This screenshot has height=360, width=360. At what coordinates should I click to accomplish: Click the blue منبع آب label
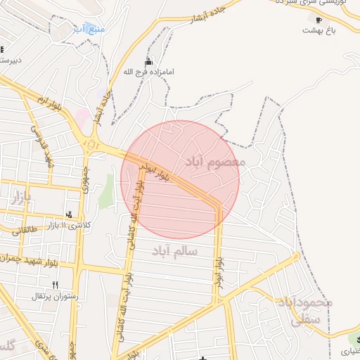click(x=89, y=30)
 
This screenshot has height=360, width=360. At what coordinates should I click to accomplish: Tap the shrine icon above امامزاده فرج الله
click(x=148, y=61)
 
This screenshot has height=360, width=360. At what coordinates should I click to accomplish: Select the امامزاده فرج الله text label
click(x=148, y=72)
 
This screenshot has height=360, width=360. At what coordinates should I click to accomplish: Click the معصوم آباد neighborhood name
click(x=215, y=162)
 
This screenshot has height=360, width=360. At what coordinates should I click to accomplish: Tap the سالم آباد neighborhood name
click(x=174, y=250)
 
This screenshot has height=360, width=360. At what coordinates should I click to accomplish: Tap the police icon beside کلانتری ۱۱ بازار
click(x=68, y=213)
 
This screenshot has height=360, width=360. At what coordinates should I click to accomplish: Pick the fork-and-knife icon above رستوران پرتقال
click(x=55, y=285)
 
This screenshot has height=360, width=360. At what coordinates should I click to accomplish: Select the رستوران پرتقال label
click(x=46, y=296)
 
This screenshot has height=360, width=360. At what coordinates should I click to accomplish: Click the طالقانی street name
click(x=22, y=229)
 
